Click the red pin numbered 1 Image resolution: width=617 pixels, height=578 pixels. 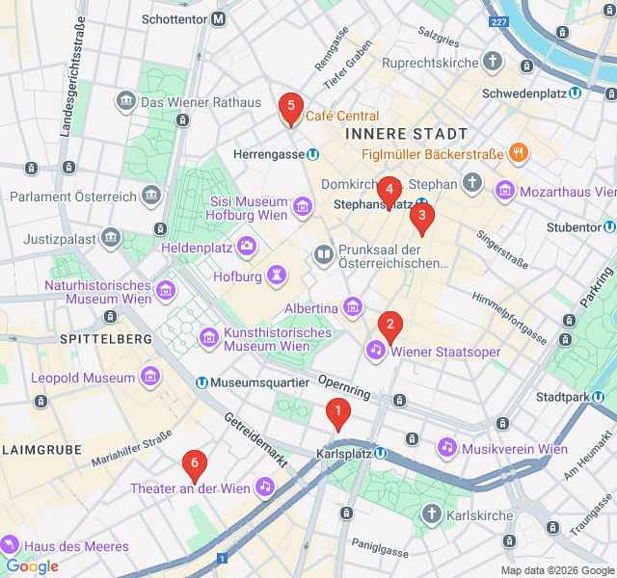337,413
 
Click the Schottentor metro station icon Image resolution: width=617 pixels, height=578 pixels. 220,18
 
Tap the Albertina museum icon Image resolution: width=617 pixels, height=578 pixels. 353,307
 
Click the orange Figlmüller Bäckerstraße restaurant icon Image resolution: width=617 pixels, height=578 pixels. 519,153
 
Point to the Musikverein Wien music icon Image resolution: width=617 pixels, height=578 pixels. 446,448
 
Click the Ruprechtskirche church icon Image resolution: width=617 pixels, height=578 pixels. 493,63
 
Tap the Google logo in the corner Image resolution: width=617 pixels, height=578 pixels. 32,566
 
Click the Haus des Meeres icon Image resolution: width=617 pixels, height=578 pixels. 12,545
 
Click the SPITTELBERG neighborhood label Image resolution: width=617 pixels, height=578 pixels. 106,339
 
